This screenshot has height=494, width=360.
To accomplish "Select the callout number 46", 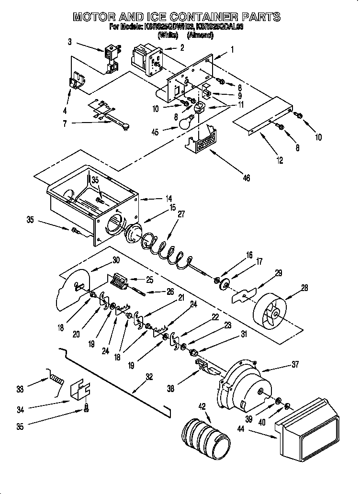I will pyautogui.click(x=246, y=178).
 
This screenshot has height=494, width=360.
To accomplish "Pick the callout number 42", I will pyautogui.click(x=202, y=406).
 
